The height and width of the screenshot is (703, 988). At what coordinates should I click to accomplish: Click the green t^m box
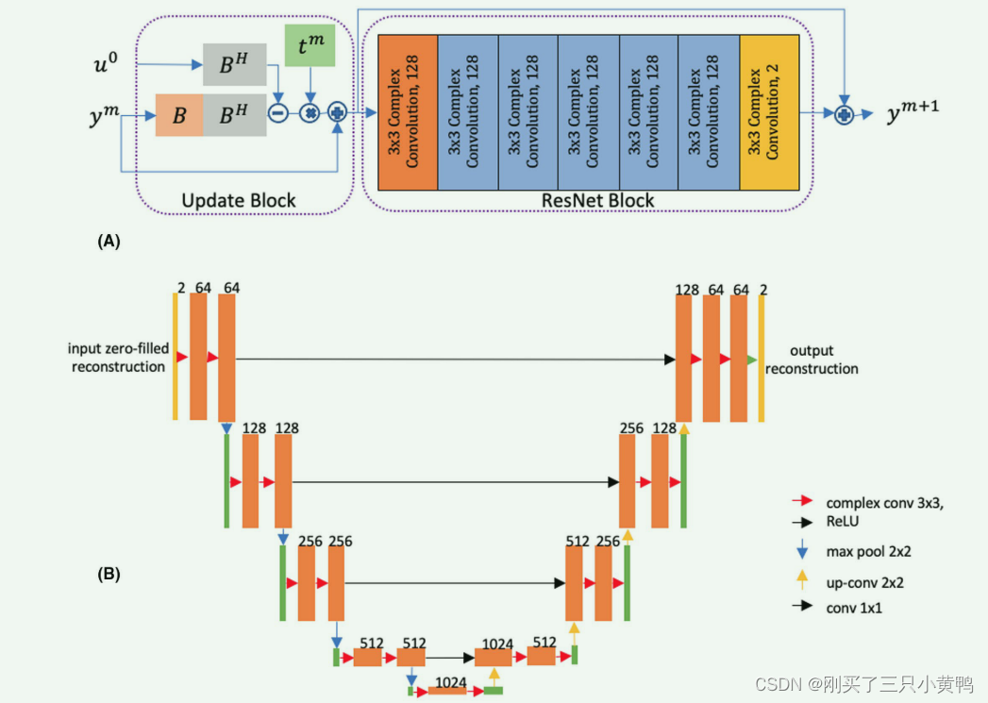pos(310,46)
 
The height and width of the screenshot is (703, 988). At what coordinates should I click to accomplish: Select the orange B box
pos(179,115)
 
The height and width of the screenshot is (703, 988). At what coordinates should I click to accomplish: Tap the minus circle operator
pos(278,112)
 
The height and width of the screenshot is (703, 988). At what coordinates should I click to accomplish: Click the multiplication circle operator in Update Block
pos(309,112)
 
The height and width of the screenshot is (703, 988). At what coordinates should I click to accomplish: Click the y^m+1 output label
pos(912,113)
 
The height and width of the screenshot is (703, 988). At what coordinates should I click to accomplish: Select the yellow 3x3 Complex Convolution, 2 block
pos(770,112)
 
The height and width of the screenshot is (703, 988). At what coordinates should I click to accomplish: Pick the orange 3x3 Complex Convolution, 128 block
pos(408,112)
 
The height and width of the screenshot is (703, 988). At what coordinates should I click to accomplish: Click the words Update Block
pos(239,200)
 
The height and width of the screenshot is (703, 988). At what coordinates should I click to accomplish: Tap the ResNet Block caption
pos(597,200)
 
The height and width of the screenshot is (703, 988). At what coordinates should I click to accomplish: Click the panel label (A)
pos(109,242)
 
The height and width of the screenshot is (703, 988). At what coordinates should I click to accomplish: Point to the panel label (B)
pos(109,573)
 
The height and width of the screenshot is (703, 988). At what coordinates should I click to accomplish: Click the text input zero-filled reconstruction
pos(119,358)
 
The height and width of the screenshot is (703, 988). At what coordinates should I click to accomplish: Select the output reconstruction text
pos(812,360)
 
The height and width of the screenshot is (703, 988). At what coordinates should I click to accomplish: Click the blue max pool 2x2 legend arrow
pos(801,547)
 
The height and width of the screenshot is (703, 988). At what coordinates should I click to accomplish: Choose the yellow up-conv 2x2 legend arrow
pos(801,577)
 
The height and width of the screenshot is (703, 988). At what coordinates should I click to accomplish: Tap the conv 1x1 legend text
pos(855,608)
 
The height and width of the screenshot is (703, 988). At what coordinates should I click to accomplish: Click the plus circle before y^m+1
pos(845,113)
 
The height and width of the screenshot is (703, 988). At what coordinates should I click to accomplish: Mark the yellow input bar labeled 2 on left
pos(175,357)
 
